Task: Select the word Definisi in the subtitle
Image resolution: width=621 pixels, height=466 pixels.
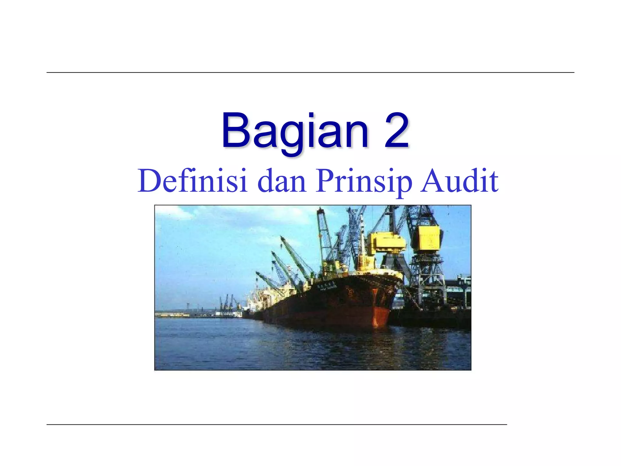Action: point(192,181)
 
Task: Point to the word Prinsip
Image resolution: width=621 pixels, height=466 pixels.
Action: point(364,181)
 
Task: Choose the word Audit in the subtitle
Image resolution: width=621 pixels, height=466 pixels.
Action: point(459,181)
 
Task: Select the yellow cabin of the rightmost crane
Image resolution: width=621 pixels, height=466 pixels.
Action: point(429,238)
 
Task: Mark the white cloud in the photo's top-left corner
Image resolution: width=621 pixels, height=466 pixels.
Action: point(173,212)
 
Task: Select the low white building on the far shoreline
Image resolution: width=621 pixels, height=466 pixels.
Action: point(223,314)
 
